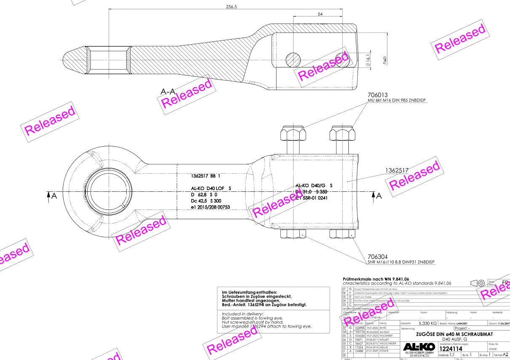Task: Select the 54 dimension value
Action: (x=320, y=14)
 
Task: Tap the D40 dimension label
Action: (x=385, y=60)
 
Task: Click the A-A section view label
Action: (x=168, y=91)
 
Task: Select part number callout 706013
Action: (x=377, y=95)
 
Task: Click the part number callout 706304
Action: (x=377, y=256)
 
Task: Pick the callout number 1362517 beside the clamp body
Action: (x=397, y=170)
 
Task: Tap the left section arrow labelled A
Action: (x=51, y=195)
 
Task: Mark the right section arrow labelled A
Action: (x=376, y=195)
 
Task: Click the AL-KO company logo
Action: (x=419, y=346)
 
